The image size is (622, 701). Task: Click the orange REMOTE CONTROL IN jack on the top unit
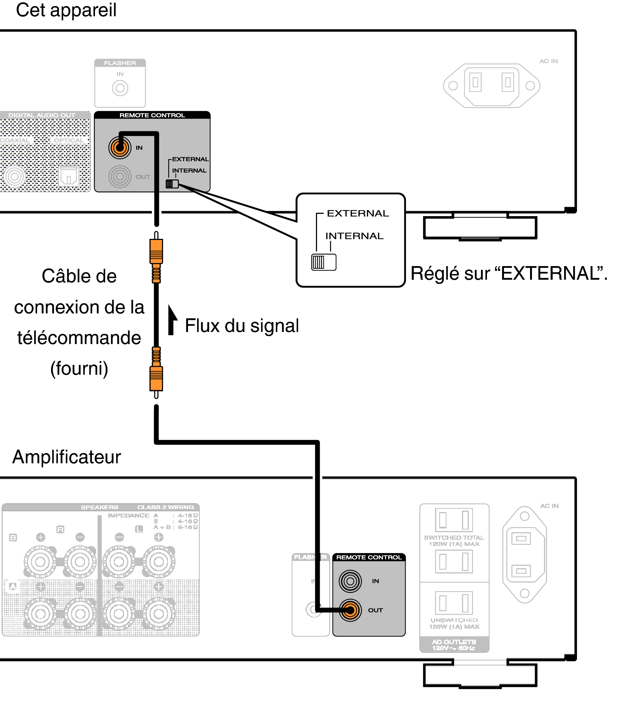pyautogui.click(x=120, y=148)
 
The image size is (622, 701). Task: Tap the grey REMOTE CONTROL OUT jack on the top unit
pyautogui.click(x=120, y=176)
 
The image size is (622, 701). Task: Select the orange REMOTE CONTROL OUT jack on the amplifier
pyautogui.click(x=350, y=610)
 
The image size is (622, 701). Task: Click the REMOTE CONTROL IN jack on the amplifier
pyautogui.click(x=350, y=581)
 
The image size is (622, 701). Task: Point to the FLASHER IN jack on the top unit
pyautogui.click(x=120, y=88)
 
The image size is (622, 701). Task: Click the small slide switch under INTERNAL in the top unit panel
pyautogui.click(x=172, y=184)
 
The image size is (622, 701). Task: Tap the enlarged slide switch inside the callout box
pyautogui.click(x=323, y=262)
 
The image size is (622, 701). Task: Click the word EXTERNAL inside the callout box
pyautogui.click(x=358, y=213)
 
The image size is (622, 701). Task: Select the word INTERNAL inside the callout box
pyautogui.click(x=355, y=236)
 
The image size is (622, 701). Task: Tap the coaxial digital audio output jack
pyautogui.click(x=15, y=176)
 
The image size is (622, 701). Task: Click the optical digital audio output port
pyautogui.click(x=68, y=176)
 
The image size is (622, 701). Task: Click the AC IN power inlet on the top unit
pyautogui.click(x=491, y=85)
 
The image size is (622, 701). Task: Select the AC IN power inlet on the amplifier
pyautogui.click(x=524, y=555)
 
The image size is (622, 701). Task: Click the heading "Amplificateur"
pyautogui.click(x=67, y=457)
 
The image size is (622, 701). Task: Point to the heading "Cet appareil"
pyautogui.click(x=66, y=10)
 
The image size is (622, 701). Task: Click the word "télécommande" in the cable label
pyautogui.click(x=79, y=338)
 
